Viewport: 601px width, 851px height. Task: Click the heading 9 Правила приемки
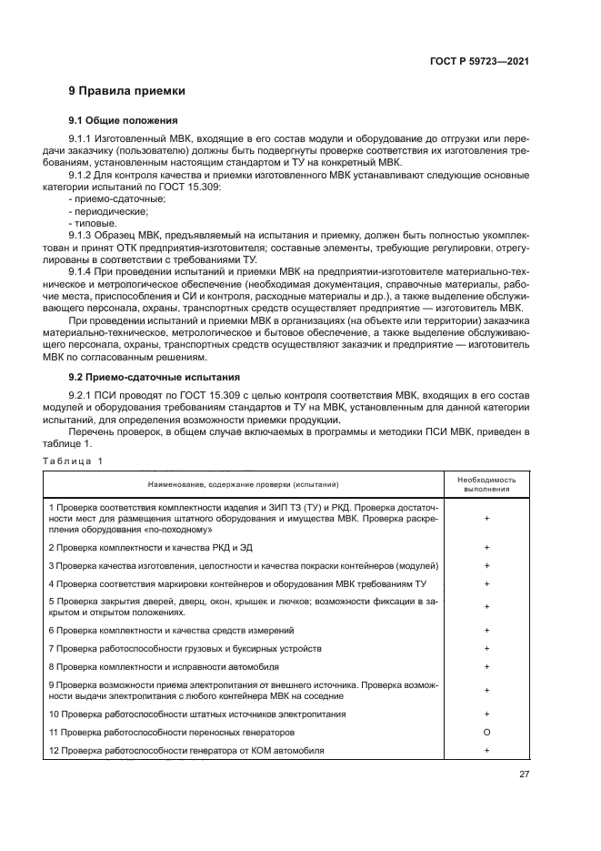[127, 91]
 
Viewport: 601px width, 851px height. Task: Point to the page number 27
[524, 775]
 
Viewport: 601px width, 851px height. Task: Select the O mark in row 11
[488, 732]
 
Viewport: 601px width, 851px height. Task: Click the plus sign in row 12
[488, 750]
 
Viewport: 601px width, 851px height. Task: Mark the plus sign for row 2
[488, 547]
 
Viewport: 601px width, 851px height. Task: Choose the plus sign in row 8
[488, 666]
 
